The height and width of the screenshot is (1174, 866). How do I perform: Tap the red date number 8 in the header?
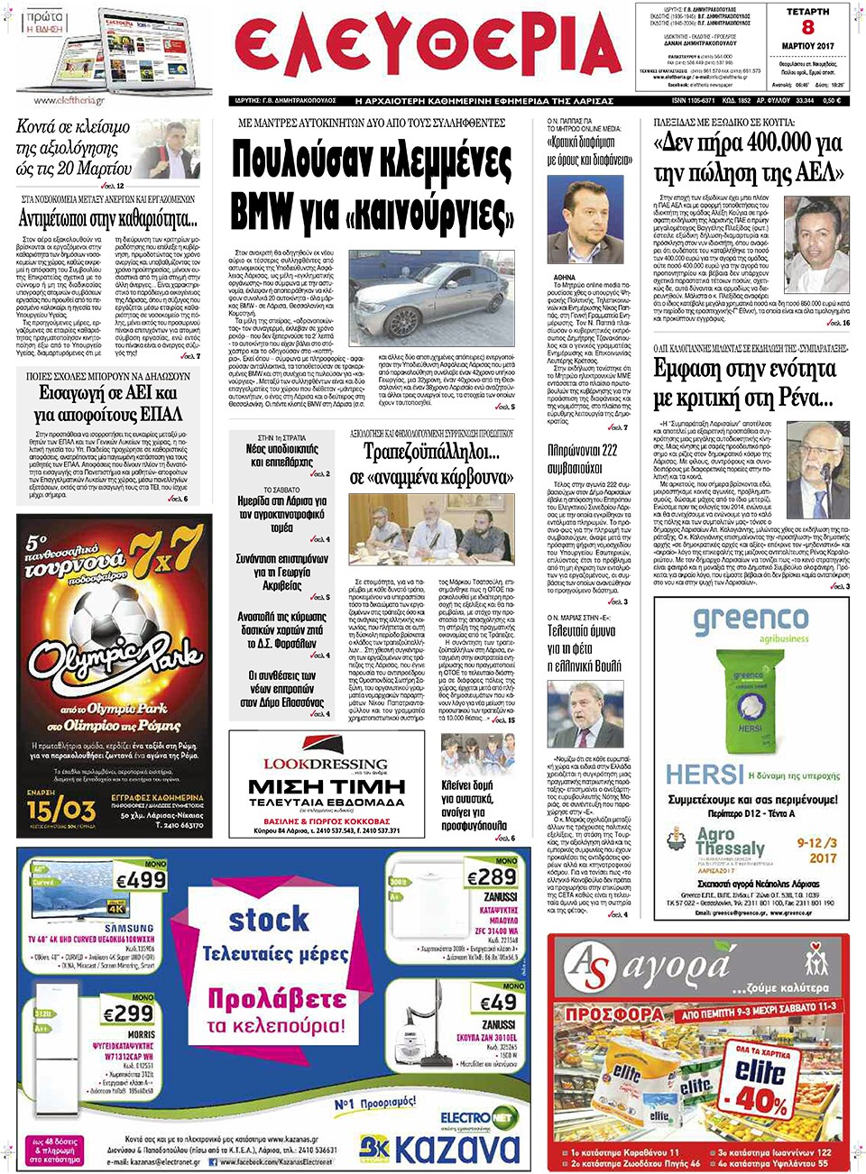(807, 28)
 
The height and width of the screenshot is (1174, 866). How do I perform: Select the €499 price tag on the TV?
(142, 879)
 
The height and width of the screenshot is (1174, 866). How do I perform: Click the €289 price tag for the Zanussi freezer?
(493, 876)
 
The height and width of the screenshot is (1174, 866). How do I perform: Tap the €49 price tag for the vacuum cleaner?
(497, 1002)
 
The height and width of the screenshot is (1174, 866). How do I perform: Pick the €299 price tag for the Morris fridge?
(128, 1014)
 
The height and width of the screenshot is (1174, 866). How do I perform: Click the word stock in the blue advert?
(268, 920)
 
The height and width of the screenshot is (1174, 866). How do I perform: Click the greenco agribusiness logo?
(751, 622)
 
